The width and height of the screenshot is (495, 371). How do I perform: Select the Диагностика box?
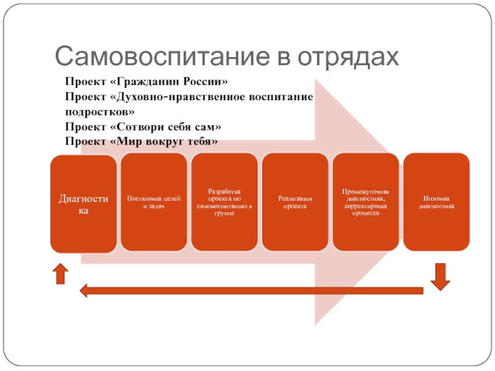(x=83, y=203)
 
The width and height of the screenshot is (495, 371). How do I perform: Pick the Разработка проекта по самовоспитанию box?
(x=224, y=202)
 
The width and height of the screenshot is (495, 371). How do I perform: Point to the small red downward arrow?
(x=440, y=276)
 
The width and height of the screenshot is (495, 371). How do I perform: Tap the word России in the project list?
(x=208, y=82)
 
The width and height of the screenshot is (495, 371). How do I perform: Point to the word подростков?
(x=99, y=112)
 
